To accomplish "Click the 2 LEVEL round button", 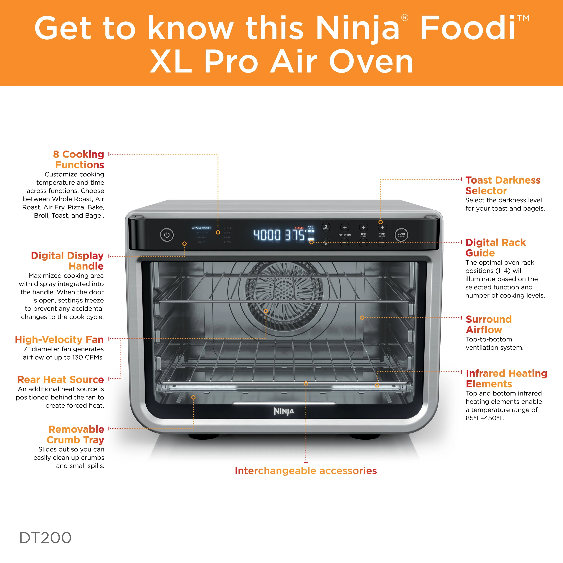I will (326, 227).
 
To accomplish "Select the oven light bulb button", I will (326, 242).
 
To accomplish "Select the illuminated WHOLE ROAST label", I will (201, 228).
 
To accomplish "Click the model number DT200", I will (46, 538).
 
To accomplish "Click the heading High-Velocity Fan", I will (59, 340).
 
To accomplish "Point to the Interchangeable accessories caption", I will (306, 471).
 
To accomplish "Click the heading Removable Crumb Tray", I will (76, 434).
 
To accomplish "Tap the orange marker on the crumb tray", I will (193, 398).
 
